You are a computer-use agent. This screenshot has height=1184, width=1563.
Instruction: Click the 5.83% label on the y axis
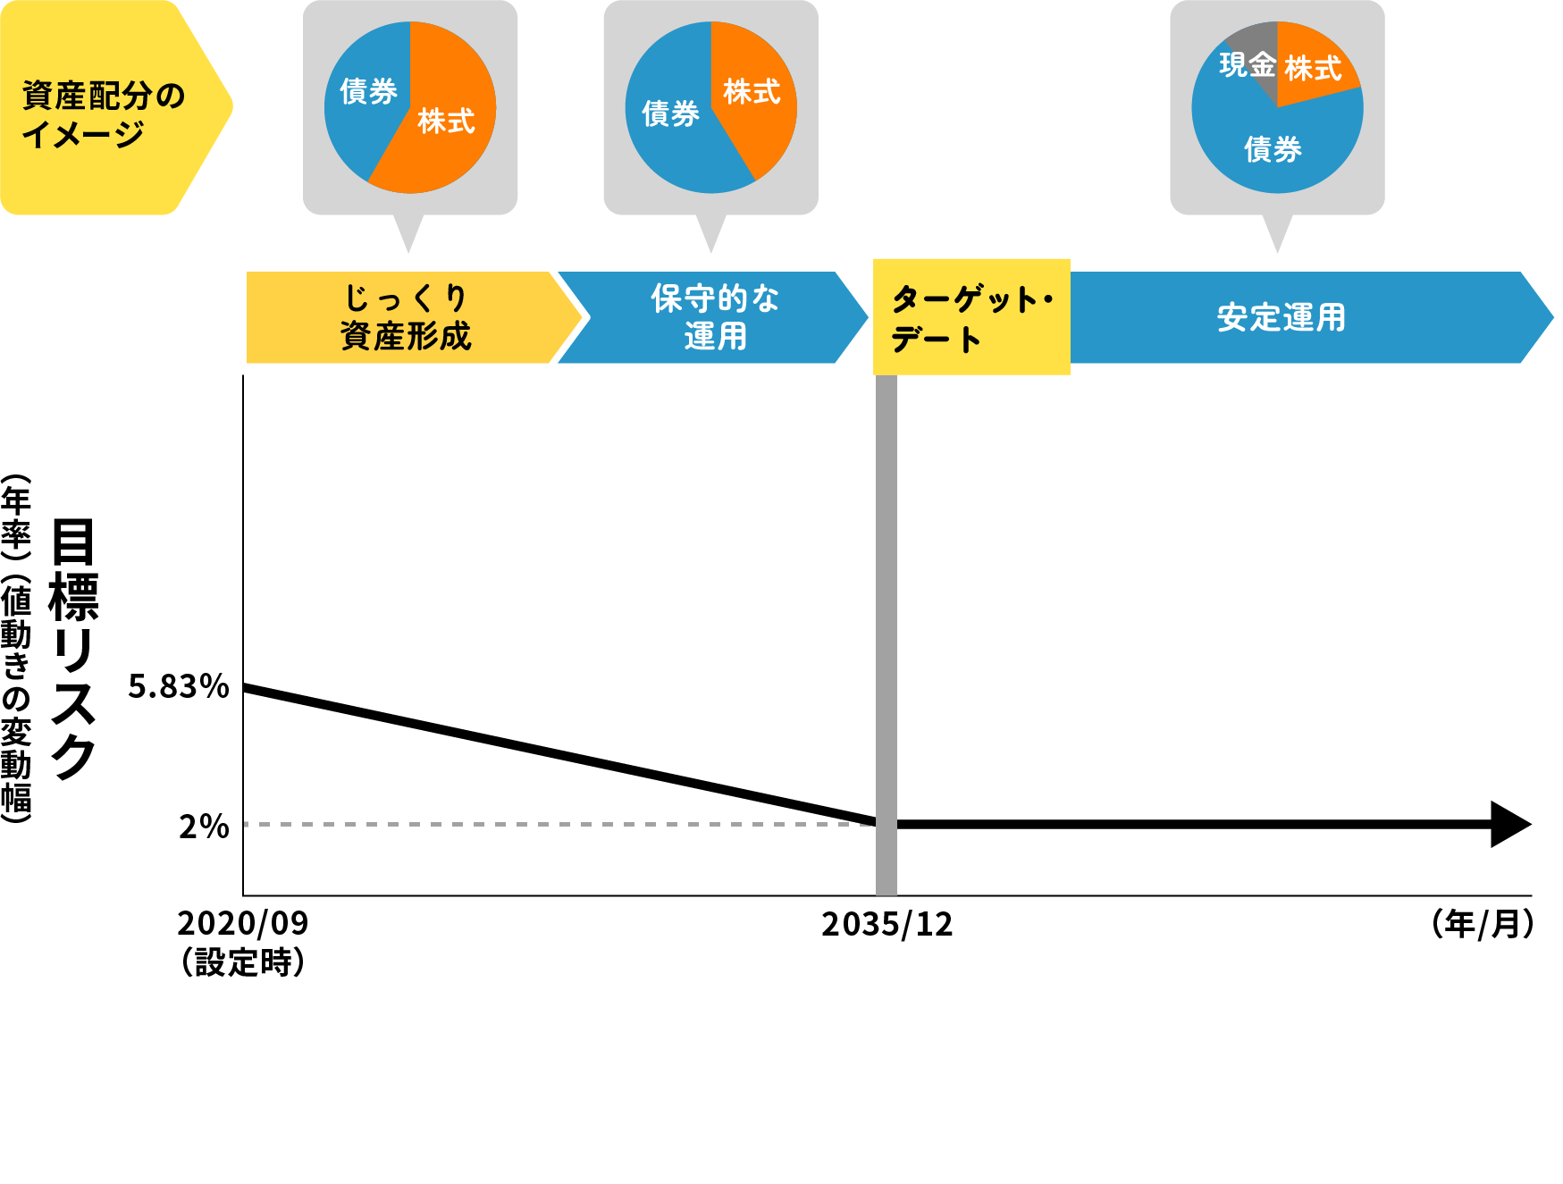tap(178, 686)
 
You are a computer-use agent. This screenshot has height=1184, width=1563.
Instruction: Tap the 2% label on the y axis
tap(204, 827)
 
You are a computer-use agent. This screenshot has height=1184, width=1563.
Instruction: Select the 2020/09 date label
tap(242, 923)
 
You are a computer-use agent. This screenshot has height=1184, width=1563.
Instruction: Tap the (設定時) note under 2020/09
tap(242, 962)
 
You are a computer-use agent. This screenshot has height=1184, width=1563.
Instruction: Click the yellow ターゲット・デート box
tap(971, 317)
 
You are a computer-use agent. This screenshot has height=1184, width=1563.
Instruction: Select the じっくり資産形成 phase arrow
tap(406, 317)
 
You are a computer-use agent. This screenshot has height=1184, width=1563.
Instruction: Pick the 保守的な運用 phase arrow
tap(714, 317)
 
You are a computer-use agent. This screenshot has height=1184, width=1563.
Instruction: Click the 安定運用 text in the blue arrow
tap(1281, 317)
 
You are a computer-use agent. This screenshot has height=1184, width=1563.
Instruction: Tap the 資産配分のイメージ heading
tap(103, 113)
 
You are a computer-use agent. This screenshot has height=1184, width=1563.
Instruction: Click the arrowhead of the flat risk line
tap(1510, 824)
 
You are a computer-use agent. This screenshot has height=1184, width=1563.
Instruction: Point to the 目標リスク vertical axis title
tap(73, 648)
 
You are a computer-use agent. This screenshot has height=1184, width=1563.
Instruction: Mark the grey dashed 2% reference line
tap(554, 824)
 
